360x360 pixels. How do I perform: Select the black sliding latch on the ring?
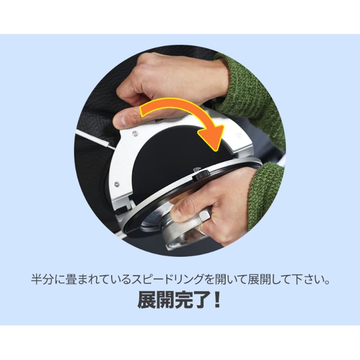click(x=201, y=175)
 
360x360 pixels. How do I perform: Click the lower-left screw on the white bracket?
click(x=117, y=184)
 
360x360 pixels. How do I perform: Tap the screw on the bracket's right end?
click(x=239, y=136)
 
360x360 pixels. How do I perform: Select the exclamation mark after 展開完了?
click(x=217, y=300)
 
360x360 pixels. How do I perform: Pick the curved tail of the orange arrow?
click(x=170, y=108)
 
